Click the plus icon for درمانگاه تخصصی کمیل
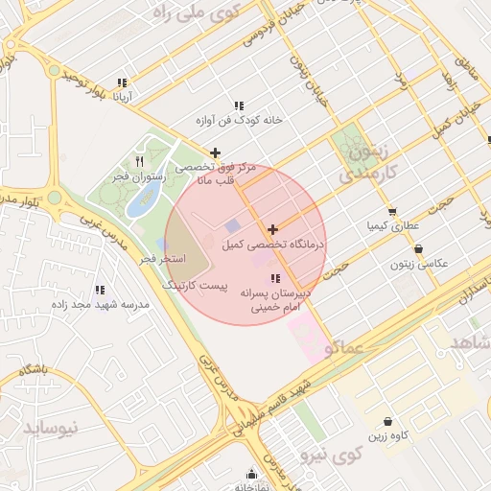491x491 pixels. tap(273, 229)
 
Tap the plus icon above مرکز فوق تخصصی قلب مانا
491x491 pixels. tap(215, 152)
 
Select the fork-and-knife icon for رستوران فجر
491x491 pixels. tap(140, 161)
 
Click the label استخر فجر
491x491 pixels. tap(160, 259)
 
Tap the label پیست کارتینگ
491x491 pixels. tap(193, 286)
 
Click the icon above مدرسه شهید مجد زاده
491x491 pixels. tap(100, 289)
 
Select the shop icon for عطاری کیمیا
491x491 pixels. tap(391, 212)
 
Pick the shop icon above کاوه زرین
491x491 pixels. tap(387, 421)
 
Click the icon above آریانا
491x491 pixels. tap(121, 82)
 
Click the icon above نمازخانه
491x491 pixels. tap(252, 473)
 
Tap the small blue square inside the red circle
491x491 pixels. tap(233, 224)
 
